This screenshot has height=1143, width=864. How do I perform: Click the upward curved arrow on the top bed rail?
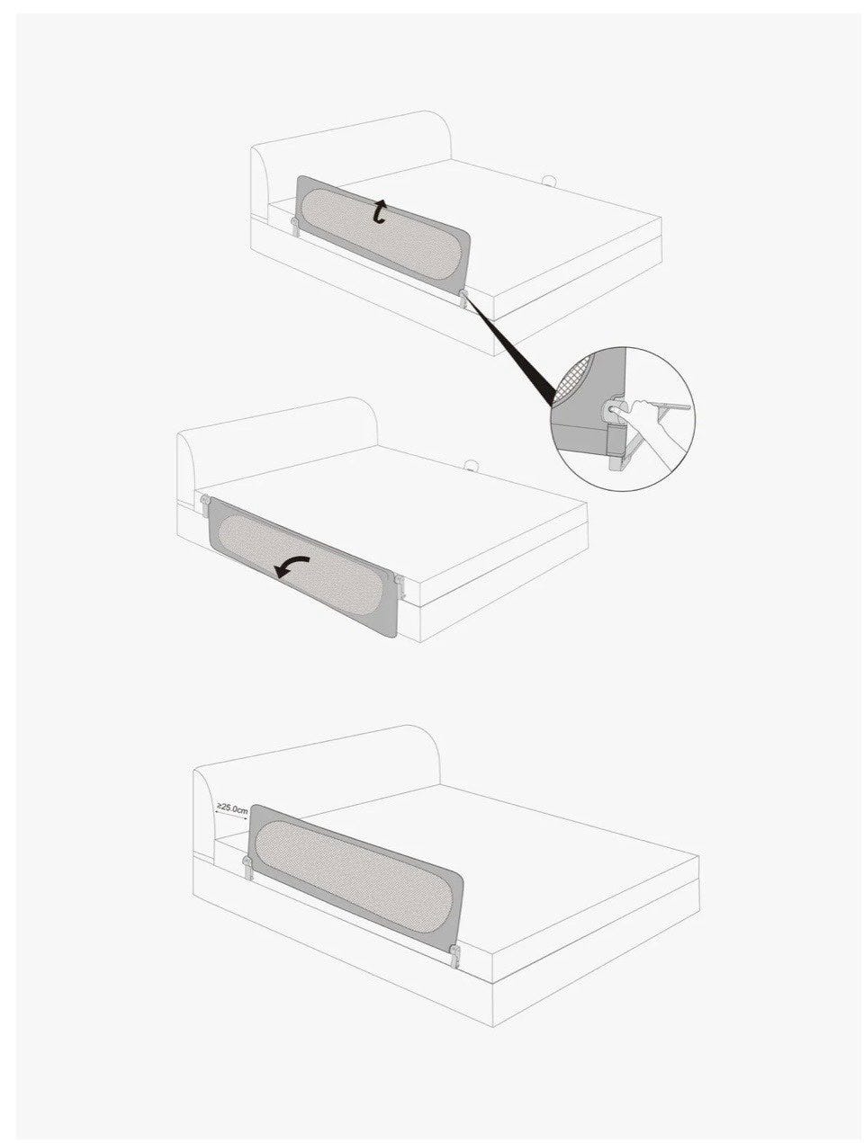click(x=381, y=212)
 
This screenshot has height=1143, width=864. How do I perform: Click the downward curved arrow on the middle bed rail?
click(x=292, y=565)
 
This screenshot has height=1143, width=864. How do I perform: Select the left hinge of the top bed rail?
click(x=295, y=227)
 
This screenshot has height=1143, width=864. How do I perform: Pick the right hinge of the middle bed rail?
click(x=400, y=584)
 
